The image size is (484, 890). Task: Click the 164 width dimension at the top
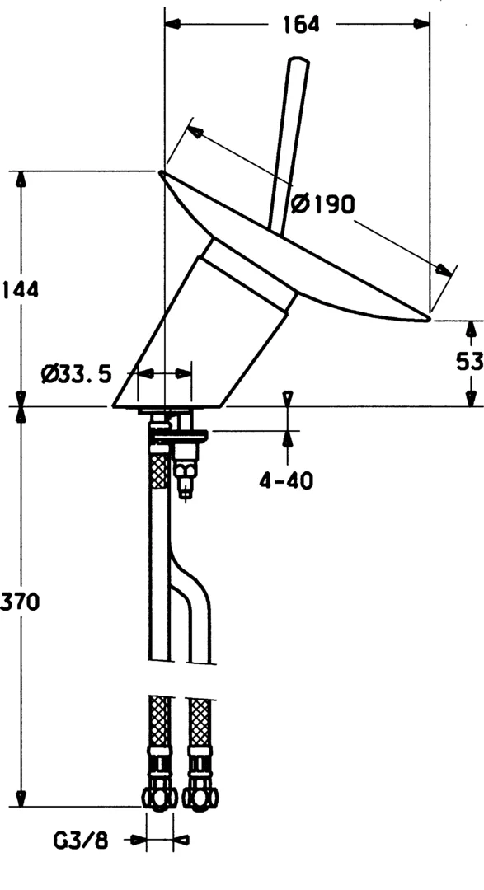pos(301,24)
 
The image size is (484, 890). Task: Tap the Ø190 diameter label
pos(322,204)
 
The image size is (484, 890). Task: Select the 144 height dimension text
pos(20,289)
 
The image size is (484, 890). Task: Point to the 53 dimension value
pos(470,361)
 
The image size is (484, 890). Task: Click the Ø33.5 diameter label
pos(77,374)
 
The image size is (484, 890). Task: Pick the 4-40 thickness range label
pos(286,481)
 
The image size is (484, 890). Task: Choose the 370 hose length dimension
pos(20,602)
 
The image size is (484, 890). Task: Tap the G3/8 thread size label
pos(80,841)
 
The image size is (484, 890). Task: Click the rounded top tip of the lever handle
pos(298,59)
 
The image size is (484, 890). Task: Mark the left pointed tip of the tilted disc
pos(161,172)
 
